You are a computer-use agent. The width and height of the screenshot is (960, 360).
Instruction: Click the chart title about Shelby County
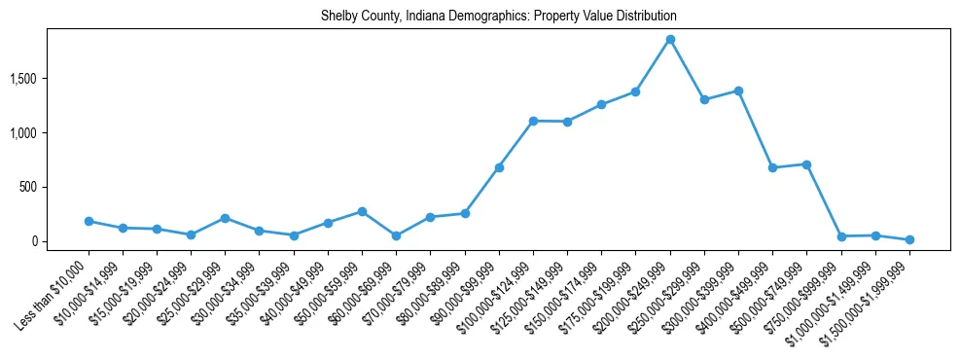498,17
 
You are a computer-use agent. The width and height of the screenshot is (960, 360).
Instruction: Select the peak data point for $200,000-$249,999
670,40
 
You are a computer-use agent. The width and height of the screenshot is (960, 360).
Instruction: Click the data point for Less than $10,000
89,221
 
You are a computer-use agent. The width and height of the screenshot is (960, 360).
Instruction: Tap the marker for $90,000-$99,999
499,167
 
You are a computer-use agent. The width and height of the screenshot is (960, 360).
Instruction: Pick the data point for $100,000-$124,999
533,121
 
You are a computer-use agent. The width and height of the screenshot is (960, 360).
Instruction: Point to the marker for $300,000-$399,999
738,90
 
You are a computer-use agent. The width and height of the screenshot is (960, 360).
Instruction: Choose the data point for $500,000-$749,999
806,164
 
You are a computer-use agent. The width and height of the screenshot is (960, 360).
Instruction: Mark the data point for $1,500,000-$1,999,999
909,239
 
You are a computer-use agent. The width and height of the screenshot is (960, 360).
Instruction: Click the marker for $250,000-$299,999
704,99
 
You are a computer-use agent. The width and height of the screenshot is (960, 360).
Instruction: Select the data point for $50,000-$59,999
362,211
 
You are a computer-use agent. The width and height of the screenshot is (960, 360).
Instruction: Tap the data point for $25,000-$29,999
225,218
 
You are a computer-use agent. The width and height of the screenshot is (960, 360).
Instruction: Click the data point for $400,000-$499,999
772,167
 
